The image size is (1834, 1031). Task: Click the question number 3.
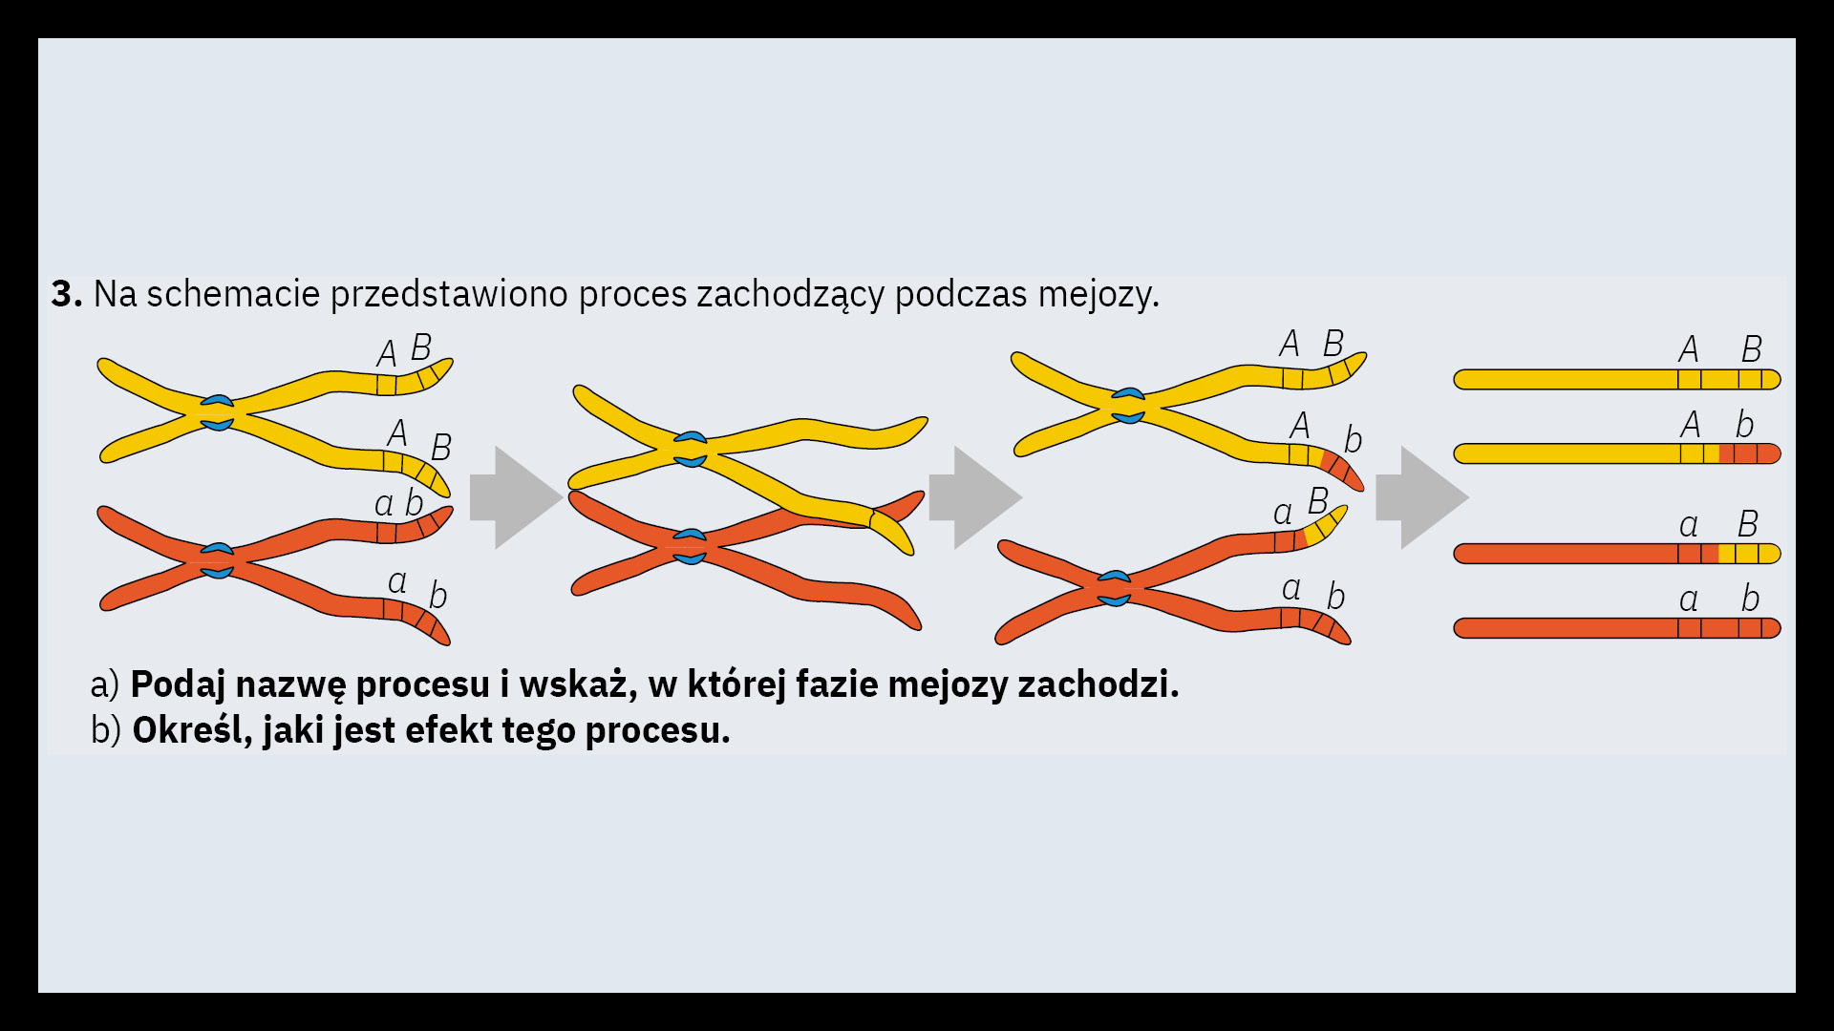(x=67, y=294)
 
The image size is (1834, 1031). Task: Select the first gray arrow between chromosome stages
(x=516, y=497)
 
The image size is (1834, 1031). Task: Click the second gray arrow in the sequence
(x=975, y=497)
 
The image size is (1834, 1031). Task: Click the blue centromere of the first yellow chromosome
(x=217, y=412)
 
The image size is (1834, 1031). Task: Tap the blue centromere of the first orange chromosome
(x=217, y=561)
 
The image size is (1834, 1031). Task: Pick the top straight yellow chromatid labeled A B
(x=1617, y=379)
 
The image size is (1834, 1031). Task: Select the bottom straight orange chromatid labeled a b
(x=1617, y=628)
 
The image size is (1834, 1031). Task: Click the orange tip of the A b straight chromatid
(x=1750, y=453)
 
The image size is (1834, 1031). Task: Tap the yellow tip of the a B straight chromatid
(x=1750, y=554)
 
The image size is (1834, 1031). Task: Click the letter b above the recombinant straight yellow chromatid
(x=1745, y=424)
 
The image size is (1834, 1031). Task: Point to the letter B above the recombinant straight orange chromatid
(x=1748, y=523)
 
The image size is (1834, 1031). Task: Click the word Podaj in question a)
(x=178, y=685)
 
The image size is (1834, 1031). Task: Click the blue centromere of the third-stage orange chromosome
(x=1114, y=588)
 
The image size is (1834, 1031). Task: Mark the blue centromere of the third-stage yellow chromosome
(x=1128, y=406)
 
